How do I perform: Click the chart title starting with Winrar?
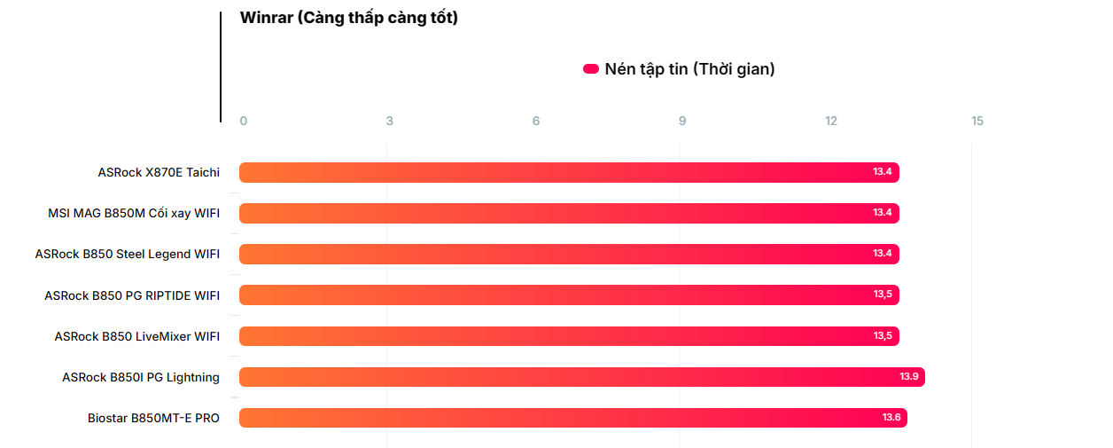349,18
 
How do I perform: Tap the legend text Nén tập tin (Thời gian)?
689,69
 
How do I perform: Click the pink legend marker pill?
591,69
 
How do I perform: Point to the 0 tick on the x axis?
244,122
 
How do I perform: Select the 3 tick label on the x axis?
389,122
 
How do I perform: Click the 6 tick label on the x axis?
536,122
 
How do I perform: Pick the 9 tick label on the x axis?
682,122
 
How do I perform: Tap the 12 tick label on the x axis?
831,122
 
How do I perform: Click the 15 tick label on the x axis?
977,122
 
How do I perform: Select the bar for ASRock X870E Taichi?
567,172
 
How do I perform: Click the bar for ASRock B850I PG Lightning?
580,377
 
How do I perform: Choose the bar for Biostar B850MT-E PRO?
572,418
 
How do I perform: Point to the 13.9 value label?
909,377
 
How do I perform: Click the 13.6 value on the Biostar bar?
891,418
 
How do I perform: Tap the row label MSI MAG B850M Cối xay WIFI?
134,213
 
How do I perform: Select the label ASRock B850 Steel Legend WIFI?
128,254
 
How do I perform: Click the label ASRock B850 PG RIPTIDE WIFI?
132,295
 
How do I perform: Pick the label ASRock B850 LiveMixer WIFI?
137,336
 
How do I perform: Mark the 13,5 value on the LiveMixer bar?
883,336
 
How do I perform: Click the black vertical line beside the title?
221,67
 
